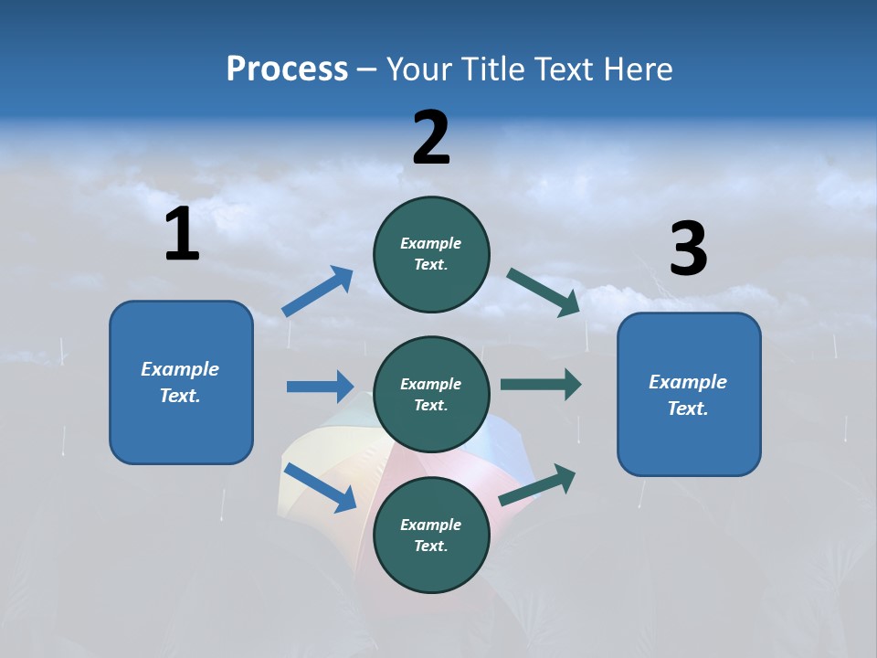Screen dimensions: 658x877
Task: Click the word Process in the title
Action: click(x=287, y=69)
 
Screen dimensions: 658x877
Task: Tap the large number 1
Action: click(x=182, y=235)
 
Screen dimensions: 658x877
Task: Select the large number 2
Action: click(x=431, y=138)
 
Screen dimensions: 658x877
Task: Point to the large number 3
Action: click(x=688, y=249)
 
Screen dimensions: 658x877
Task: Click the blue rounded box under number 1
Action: click(x=181, y=382)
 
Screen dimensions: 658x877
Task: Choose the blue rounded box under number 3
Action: click(x=689, y=395)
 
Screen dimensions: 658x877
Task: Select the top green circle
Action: click(x=431, y=254)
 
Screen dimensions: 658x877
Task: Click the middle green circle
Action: click(x=431, y=394)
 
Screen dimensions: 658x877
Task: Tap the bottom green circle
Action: click(x=431, y=535)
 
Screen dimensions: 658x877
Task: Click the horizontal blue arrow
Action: click(x=320, y=387)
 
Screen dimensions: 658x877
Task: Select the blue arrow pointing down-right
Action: click(x=321, y=487)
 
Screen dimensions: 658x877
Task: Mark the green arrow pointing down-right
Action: click(x=544, y=292)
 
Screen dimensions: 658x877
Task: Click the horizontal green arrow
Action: click(x=540, y=385)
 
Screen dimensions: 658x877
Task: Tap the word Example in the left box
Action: click(x=180, y=369)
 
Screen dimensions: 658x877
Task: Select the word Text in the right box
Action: click(x=688, y=409)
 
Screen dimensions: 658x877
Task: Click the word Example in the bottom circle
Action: click(x=430, y=525)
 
